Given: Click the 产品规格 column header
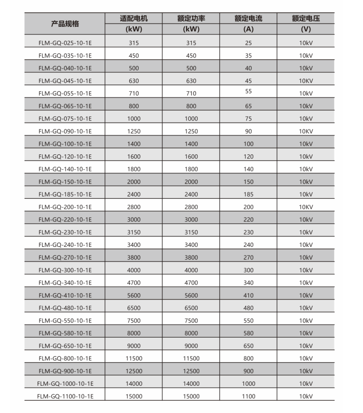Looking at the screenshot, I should (65, 24).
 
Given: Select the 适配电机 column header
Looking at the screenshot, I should (134, 19).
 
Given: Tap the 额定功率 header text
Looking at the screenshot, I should (191, 19).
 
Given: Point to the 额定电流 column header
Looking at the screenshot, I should (248, 19).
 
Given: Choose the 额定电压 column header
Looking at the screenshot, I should (306, 19).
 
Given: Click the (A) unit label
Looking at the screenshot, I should (248, 29).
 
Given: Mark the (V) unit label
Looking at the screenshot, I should (306, 29).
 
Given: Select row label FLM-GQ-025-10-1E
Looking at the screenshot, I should (65, 43).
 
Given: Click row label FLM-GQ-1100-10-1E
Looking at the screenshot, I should (65, 396).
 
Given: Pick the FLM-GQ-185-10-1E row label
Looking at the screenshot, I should (65, 194).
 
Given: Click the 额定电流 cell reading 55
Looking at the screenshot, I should (248, 91).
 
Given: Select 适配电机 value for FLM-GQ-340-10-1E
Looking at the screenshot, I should (134, 282).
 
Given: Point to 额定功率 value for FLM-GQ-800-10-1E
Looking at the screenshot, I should (191, 358).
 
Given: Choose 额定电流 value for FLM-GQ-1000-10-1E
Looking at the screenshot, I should (248, 383).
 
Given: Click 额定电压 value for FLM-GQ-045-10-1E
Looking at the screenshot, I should (306, 81).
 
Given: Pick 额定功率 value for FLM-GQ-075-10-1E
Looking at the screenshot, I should (191, 118).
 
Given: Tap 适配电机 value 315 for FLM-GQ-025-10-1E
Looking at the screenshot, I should (134, 43).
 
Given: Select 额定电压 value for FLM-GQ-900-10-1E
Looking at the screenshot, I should (306, 371).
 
